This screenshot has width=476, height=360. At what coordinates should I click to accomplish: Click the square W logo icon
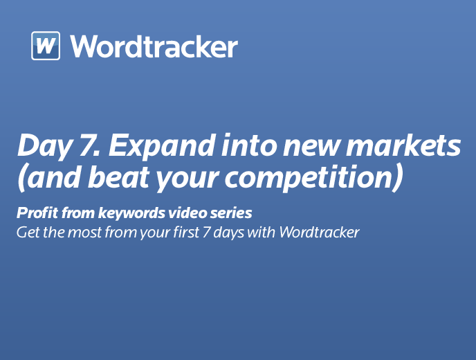click(46, 46)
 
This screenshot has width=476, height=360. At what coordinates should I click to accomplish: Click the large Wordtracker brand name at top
click(154, 46)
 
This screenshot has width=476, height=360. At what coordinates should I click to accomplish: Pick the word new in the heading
click(311, 148)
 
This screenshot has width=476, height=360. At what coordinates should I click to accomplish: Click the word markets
click(403, 145)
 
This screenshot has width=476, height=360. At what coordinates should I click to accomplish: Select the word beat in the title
click(119, 177)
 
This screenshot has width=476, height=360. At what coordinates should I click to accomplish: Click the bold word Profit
click(37, 213)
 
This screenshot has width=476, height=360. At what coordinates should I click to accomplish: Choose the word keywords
click(131, 213)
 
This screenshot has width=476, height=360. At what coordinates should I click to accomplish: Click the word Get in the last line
click(28, 233)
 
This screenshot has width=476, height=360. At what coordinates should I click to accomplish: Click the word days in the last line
click(228, 233)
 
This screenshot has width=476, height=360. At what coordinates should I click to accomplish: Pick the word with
click(261, 232)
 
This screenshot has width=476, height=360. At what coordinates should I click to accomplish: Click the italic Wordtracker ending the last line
click(319, 232)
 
